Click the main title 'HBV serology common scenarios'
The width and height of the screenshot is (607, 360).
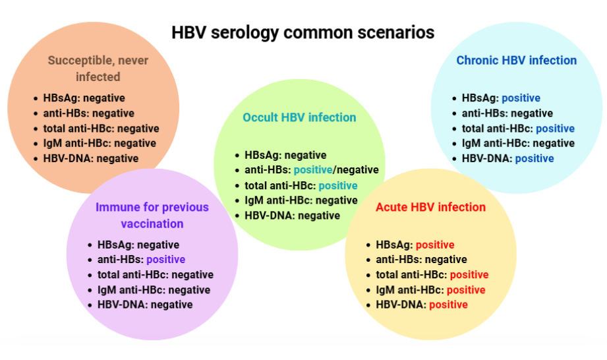(x=303, y=32)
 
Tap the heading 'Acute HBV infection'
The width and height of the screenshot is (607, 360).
(x=430, y=207)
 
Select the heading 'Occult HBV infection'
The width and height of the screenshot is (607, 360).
(x=299, y=117)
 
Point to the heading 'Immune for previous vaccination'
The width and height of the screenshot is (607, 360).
(x=152, y=215)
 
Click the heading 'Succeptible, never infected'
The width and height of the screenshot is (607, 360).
(x=98, y=69)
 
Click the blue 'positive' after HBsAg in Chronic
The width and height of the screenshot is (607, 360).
(x=521, y=98)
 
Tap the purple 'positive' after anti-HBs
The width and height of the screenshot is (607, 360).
(x=165, y=260)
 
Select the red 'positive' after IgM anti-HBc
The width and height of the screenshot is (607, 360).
(x=466, y=290)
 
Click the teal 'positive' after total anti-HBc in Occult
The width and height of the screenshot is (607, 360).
(x=338, y=186)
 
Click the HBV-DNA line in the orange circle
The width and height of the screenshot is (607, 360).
(x=91, y=158)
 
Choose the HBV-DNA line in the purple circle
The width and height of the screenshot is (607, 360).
(x=145, y=305)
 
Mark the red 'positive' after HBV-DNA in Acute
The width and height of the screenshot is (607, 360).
(x=448, y=305)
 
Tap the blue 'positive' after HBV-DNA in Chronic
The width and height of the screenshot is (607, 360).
(x=535, y=158)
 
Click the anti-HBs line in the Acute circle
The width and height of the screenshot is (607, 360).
(x=421, y=260)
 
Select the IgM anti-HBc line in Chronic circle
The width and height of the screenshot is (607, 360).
(x=518, y=143)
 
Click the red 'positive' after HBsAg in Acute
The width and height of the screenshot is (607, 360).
(x=434, y=245)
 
